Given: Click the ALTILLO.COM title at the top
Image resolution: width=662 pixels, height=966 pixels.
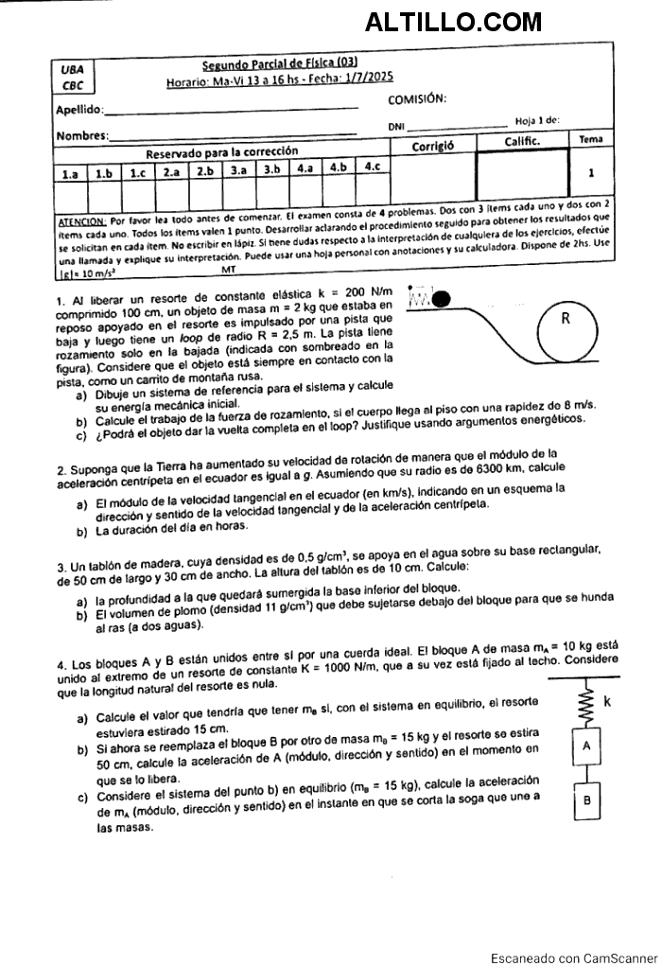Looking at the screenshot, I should coord(453,22).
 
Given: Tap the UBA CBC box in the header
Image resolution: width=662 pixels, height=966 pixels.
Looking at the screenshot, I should coord(71,77).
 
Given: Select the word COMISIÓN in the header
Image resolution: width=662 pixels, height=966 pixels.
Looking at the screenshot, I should coord(418,99).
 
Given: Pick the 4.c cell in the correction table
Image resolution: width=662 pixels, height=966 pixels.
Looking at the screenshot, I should coord(373,167).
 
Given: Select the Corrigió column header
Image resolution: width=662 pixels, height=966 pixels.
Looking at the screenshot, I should coord(433,146).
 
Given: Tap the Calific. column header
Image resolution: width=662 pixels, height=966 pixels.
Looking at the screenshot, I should coord(521,141).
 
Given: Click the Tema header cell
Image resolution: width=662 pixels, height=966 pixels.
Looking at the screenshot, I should coord(590,139).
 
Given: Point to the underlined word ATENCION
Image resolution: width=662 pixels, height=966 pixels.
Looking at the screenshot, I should coord(81,218).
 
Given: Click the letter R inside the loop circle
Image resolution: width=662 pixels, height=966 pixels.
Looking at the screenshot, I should coord(565,319).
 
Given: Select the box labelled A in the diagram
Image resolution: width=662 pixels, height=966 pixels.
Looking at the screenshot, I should coord(586,746).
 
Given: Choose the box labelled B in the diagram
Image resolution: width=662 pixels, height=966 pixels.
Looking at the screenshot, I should coord(587,800).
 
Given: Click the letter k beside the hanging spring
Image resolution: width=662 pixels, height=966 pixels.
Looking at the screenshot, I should coord(606,702).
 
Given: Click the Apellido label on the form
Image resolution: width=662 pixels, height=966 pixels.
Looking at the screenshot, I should coord(79,111).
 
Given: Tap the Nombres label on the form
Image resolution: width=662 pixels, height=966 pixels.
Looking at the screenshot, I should coord(81,135).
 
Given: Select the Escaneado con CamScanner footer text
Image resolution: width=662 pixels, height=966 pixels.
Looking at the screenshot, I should coord(573,957).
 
